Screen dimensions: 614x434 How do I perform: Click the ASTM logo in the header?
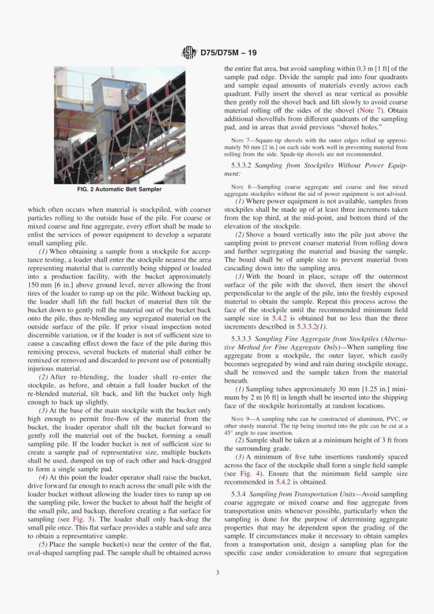point(189,52)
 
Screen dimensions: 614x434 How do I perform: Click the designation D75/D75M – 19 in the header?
point(228,52)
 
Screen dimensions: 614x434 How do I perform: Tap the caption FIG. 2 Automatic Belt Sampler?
point(119,189)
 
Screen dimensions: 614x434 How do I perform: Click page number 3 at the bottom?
point(217,572)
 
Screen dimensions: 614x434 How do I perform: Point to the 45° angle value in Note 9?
point(228,433)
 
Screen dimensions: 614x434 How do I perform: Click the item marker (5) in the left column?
point(42,544)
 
